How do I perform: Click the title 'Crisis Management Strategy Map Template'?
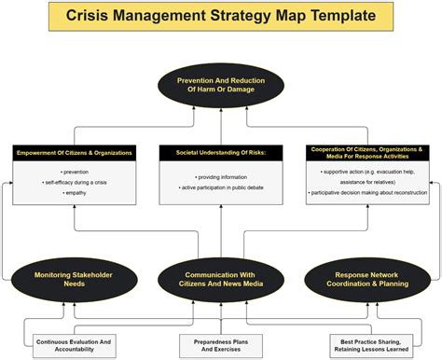click(221, 16)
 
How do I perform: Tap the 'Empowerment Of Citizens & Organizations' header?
click(74, 151)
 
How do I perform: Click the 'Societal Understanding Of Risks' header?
click(221, 151)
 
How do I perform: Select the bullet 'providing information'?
click(221, 177)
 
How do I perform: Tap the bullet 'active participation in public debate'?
click(221, 189)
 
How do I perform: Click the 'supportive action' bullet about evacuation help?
click(367, 176)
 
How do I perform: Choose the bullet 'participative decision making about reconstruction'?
click(367, 193)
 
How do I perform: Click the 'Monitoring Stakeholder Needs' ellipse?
click(74, 279)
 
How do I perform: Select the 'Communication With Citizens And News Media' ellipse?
click(221, 279)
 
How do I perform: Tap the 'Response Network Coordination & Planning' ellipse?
click(367, 279)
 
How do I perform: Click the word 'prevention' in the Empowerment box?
click(74, 173)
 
